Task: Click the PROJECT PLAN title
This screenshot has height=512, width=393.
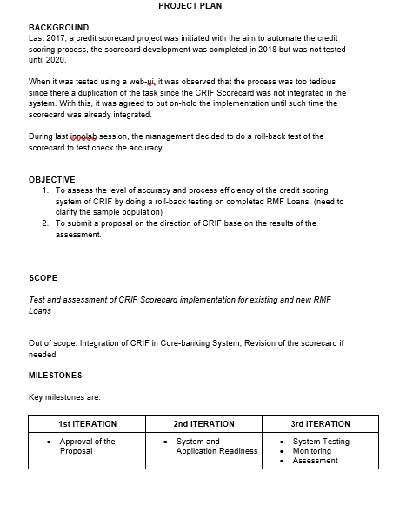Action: click(x=190, y=6)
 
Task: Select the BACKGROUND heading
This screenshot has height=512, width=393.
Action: click(x=58, y=28)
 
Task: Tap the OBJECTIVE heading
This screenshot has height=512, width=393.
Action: click(x=52, y=179)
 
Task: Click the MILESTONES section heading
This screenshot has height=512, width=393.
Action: click(x=56, y=376)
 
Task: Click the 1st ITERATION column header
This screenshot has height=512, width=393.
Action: click(x=87, y=424)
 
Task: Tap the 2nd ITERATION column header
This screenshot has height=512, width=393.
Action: click(x=204, y=424)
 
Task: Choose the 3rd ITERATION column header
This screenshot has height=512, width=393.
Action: click(x=321, y=424)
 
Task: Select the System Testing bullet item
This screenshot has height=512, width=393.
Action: click(x=321, y=442)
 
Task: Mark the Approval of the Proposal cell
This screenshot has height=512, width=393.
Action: click(x=87, y=446)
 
